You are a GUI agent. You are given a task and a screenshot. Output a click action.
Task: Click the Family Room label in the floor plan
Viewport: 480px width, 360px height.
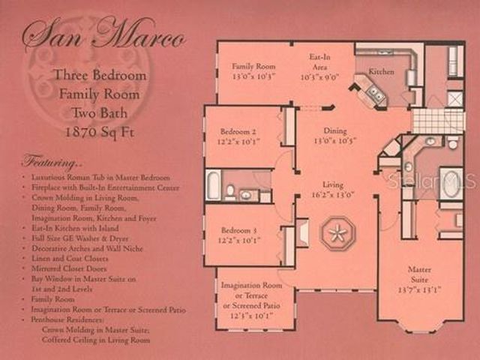pos(253,66)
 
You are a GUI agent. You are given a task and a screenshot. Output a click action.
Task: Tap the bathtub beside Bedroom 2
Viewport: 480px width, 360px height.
pos(214,185)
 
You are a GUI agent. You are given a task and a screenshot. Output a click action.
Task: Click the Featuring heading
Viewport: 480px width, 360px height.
pos(52,161)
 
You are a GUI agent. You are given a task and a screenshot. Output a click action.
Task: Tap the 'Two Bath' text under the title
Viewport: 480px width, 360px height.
pos(98,113)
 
